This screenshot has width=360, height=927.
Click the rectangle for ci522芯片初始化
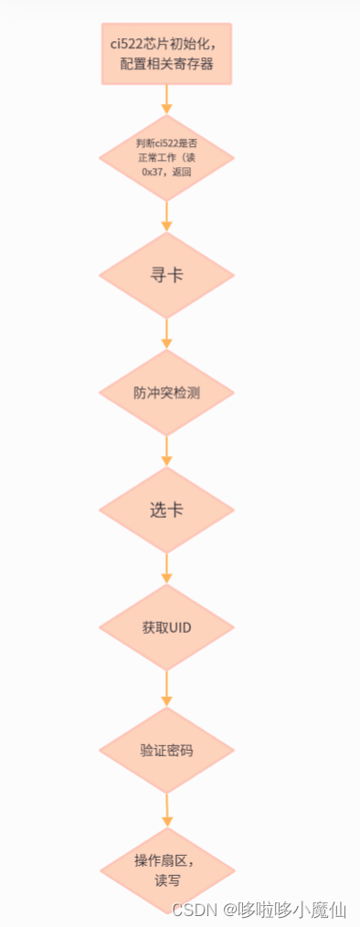165,54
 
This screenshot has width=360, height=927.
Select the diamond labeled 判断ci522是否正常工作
165,157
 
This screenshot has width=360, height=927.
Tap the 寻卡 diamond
165,275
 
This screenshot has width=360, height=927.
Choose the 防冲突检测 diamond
165,393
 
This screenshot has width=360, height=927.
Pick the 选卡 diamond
165,510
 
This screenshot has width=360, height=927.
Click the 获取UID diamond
165,627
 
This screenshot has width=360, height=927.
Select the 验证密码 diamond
165,750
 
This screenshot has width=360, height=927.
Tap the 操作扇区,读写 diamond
165,870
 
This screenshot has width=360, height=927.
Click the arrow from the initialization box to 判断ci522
166,100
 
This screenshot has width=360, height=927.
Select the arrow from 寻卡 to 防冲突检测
166,334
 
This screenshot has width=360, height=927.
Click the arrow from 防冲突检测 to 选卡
166,451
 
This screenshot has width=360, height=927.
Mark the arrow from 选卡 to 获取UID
166,569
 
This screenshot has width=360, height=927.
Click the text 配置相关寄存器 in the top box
166,64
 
